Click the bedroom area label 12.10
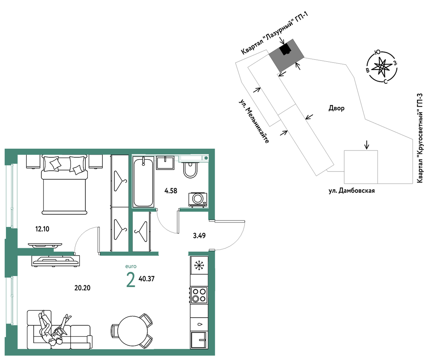pos(42,229)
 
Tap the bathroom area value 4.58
pos(171,191)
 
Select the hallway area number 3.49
pos(199,236)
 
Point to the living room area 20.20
pos(82,288)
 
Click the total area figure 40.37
pos(146,279)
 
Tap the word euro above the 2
pos(131,266)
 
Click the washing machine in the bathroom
pos(198,200)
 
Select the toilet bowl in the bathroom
pos(190,169)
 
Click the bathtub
pos(143,182)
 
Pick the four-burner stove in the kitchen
pos(199,295)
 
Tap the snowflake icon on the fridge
pos(199,266)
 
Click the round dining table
pos(132,331)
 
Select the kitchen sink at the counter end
pos(199,340)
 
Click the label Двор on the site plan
pos(336,108)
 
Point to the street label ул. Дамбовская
pos(352,191)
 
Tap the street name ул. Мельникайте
pos(254,121)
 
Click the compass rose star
pos(382,66)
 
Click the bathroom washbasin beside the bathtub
pos(165,163)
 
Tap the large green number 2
pos(131,280)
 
